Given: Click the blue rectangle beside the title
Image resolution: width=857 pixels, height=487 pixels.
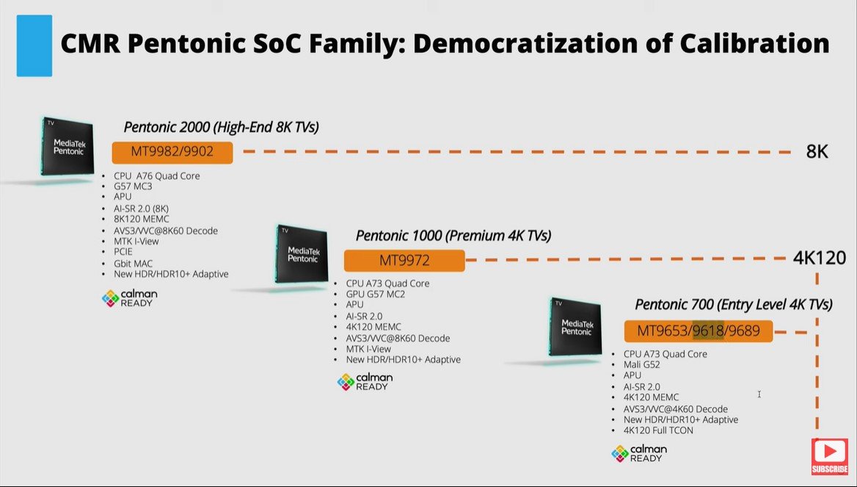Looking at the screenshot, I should click(34, 46).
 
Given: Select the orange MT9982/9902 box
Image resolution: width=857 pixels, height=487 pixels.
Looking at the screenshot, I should click(172, 153).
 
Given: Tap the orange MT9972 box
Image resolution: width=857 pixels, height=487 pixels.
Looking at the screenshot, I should click(404, 261).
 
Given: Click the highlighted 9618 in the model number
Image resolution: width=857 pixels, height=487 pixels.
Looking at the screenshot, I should click(709, 331).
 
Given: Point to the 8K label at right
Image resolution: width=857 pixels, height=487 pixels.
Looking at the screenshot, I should click(817, 152).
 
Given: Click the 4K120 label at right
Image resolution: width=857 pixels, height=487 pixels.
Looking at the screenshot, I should click(820, 258).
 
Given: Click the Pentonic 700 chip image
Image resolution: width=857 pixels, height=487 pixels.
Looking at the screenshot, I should click(576, 328).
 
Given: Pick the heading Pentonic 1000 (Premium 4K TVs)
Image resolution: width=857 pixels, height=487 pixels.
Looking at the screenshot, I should click(453, 236).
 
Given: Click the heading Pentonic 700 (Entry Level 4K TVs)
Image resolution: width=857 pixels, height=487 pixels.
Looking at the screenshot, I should click(733, 304).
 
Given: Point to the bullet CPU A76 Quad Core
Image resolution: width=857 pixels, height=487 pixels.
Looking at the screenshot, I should click(156, 176).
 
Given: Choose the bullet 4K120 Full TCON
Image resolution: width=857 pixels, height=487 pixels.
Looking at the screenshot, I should click(658, 430).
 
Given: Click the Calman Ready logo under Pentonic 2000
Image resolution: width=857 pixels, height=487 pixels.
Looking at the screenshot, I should click(130, 297).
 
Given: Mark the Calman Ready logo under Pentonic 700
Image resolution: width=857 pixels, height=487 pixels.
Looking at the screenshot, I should click(639, 453).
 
